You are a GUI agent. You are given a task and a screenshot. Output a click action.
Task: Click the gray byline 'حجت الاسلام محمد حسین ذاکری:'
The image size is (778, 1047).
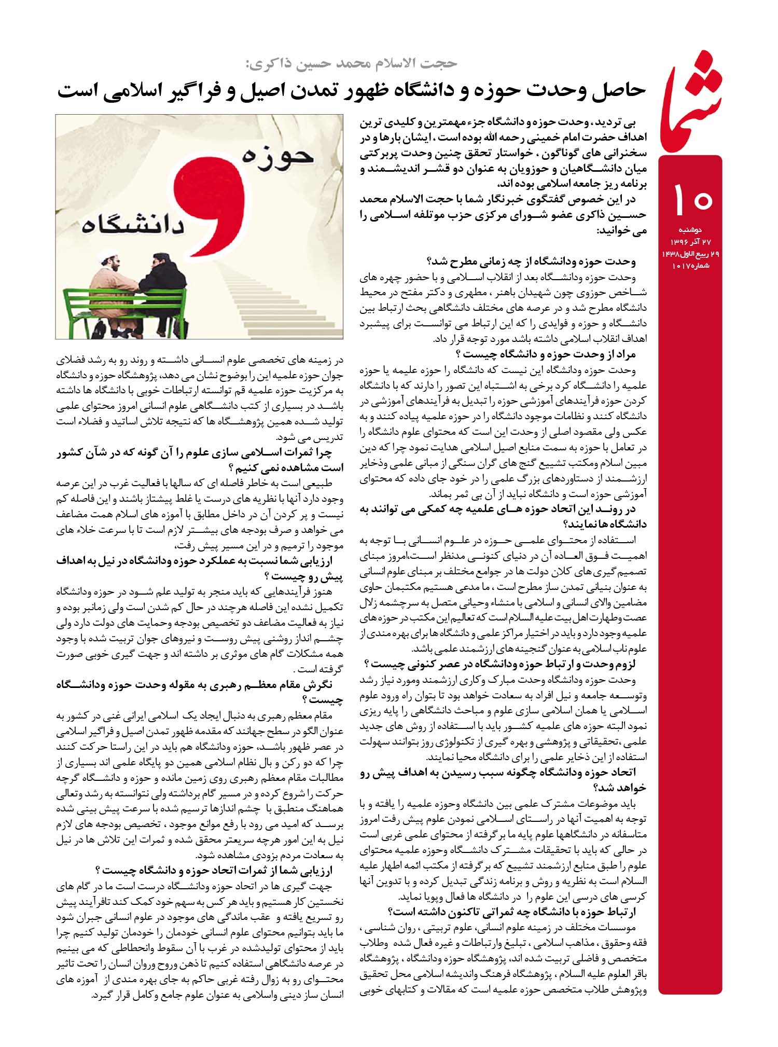(351, 63)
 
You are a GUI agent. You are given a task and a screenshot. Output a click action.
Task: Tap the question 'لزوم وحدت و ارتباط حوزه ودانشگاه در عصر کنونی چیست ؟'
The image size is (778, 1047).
(500, 664)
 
